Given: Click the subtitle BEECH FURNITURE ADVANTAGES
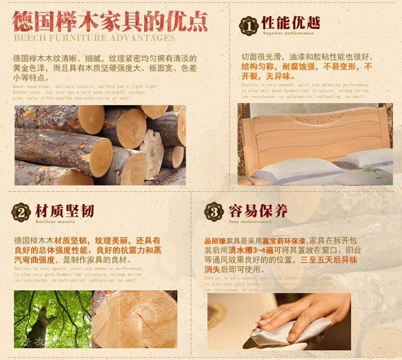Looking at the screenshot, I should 94,38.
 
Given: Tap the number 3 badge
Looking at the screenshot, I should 214,212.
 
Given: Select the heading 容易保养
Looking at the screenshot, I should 258,211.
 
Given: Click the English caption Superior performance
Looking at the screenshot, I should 288,33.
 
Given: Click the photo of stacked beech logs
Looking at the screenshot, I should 100,145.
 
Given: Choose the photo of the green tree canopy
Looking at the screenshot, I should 52,319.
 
